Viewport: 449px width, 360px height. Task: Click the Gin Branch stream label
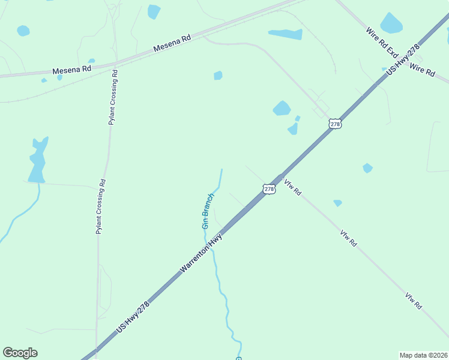point(208,211)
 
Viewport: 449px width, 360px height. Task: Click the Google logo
point(20,353)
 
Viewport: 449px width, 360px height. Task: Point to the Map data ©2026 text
point(423,355)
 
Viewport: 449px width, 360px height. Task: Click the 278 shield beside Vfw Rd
point(269,189)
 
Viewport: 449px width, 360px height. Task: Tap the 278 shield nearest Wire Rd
point(335,124)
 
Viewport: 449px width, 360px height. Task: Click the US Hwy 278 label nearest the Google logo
point(133,316)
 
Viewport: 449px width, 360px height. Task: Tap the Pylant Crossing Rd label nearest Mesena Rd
point(113,97)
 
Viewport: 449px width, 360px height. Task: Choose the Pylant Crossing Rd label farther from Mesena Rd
point(101,206)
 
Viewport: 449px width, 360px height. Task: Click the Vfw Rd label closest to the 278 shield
point(292,188)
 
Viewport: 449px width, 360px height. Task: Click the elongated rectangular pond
point(285,34)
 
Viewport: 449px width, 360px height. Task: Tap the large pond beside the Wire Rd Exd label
point(391,23)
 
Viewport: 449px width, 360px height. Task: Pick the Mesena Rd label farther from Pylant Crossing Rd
point(172,42)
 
